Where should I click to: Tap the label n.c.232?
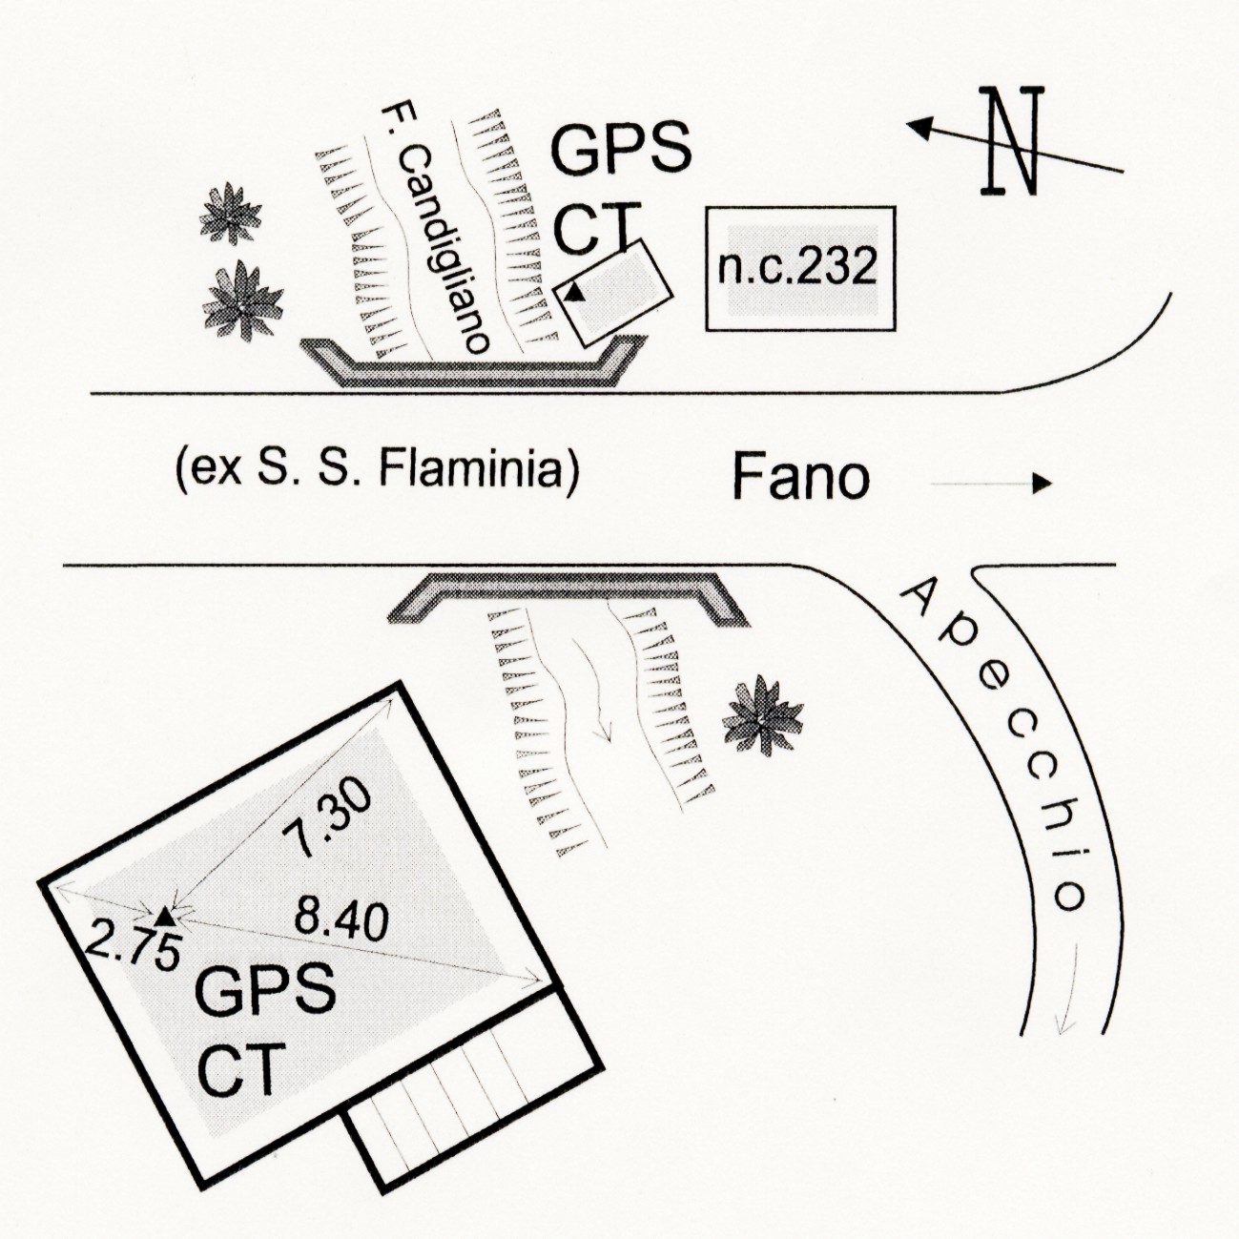[x=796, y=268]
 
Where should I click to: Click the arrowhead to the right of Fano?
[x=1042, y=484]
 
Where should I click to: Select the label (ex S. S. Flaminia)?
[x=377, y=471]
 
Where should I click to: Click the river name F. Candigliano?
[x=435, y=228]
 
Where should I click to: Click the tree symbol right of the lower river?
[x=763, y=715]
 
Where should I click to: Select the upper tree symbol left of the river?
[x=231, y=215]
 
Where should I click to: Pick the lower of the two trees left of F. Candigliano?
[x=242, y=300]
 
